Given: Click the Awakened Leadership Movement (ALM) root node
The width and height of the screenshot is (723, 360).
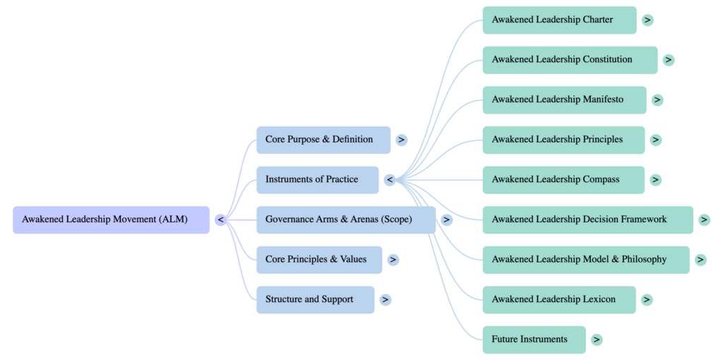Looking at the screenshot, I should tap(111, 220).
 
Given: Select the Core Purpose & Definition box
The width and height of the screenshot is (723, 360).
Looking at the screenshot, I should tap(323, 140).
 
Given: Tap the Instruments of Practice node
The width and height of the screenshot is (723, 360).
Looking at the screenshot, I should tap(317, 179).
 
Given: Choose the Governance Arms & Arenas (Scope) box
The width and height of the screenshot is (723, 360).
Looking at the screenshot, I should tap(345, 220).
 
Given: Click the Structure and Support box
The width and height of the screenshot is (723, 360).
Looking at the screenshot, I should tap(315, 299).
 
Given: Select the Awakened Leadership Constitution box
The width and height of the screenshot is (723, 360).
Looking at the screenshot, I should tap(569, 60).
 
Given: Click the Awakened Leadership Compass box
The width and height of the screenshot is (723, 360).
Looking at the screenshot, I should tap(563, 179).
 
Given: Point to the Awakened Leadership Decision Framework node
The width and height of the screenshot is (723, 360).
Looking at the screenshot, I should tap(587, 220).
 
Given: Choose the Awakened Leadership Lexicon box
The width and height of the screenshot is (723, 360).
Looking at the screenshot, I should tap(558, 299).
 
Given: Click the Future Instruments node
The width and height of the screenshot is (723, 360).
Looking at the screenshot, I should tap(534, 340).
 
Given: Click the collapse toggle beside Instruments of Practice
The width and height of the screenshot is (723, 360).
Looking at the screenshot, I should tap(390, 180).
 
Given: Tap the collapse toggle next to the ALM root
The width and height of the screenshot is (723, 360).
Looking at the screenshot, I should tap(221, 220).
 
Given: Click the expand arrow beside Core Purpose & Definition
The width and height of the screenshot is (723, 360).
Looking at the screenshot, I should tap(401, 140).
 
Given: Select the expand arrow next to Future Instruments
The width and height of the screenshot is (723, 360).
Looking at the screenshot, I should tap(597, 340).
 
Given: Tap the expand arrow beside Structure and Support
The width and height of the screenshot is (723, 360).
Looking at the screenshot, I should tap(385, 299).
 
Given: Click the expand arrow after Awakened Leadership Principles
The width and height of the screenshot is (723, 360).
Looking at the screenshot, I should tap(656, 140).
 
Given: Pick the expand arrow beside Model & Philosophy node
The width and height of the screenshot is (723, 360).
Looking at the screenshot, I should tap(700, 260).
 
